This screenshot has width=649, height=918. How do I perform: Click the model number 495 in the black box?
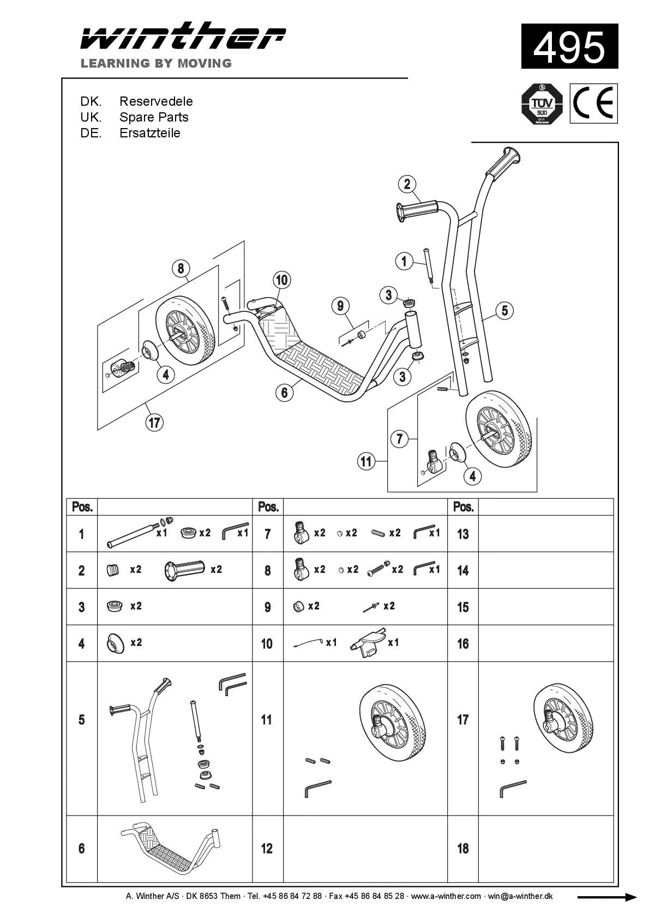coord(569,47)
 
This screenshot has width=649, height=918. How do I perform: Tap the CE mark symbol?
coord(593,104)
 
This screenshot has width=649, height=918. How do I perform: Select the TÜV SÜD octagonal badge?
coord(542,104)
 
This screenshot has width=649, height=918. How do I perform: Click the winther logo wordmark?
coord(183,38)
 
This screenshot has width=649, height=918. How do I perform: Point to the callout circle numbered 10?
coord(281,280)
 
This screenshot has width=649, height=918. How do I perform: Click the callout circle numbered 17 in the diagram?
coord(155,422)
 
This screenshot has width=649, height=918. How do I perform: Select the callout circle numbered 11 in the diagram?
coord(366,462)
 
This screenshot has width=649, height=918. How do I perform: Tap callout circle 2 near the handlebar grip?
coord(407,184)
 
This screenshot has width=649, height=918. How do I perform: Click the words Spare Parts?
coord(154,117)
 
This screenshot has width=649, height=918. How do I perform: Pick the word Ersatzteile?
coord(149,133)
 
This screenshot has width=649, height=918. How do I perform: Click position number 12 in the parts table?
coord(267,848)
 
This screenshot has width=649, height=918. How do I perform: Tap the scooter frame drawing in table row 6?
coord(170,848)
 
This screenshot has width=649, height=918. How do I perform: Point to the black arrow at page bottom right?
coord(606,897)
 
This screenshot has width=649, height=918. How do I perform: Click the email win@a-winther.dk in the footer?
coord(520,896)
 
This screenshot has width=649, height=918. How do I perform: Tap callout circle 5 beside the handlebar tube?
coord(504,310)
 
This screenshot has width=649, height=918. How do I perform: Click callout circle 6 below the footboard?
coord(284,392)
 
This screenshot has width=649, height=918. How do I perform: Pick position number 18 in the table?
coord(462,848)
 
